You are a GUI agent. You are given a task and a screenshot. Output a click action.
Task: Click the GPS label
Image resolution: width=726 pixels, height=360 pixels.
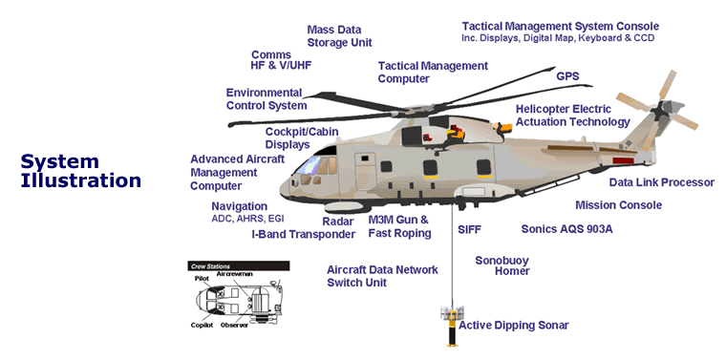point(567,74)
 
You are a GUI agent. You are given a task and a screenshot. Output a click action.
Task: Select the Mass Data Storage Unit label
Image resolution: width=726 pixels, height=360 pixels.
point(339,36)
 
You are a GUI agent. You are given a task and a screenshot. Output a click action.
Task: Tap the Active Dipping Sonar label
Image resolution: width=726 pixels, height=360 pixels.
point(513,326)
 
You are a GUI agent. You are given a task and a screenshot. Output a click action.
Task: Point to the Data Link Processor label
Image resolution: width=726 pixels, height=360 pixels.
point(662,182)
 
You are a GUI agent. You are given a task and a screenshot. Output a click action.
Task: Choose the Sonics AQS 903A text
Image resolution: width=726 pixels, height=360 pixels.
point(566,229)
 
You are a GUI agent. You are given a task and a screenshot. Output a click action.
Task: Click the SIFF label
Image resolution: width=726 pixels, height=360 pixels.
point(470,230)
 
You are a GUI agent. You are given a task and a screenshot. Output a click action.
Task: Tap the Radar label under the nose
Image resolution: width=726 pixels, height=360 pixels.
point(338,221)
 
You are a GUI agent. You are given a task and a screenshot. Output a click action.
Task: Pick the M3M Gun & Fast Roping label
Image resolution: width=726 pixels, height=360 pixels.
point(399,226)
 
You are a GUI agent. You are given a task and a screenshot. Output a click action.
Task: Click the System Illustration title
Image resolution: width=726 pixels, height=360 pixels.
point(80,170)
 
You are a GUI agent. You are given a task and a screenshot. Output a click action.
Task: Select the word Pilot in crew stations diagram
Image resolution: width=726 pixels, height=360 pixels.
point(202,279)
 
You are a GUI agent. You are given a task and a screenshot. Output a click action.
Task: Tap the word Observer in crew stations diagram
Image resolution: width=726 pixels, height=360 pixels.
point(235,326)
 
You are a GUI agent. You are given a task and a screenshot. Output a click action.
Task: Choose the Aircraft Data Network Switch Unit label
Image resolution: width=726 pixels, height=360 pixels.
point(382,276)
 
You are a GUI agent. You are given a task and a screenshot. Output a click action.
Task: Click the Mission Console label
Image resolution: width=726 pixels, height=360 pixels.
point(618,205)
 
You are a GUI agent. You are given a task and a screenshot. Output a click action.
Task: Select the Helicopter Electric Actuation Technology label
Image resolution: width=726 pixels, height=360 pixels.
point(572,116)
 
